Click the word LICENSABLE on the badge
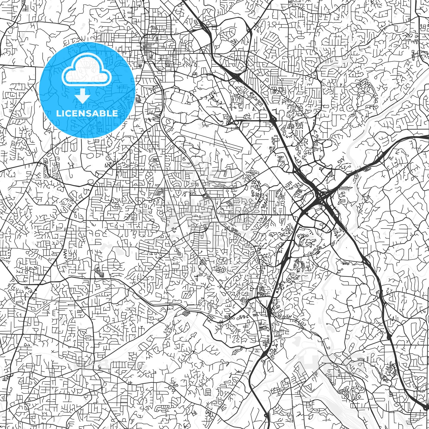click(x=87, y=114)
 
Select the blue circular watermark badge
click(x=87, y=90)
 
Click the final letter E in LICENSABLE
click(x=115, y=114)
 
